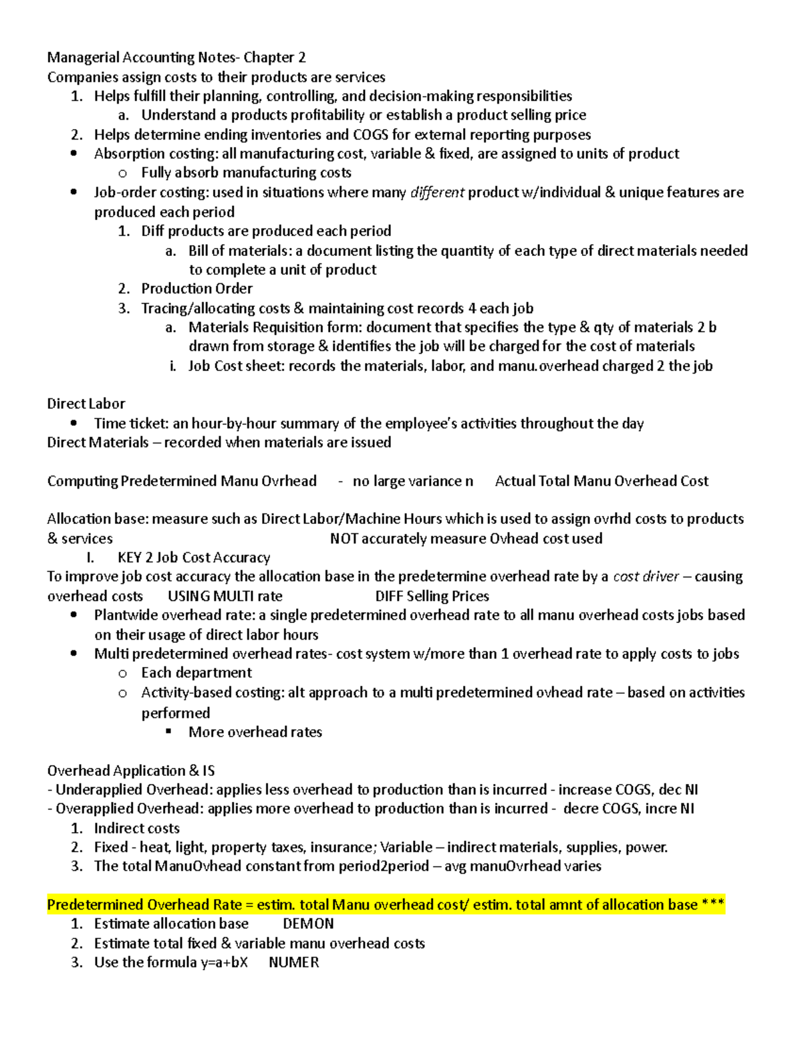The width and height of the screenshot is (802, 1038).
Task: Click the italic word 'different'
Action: pos(437,192)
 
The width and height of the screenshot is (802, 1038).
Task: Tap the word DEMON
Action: pos(308,924)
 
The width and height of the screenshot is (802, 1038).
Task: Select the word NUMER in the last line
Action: pos(293,962)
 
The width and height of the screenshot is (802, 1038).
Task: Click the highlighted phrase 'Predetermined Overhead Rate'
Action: pos(144,905)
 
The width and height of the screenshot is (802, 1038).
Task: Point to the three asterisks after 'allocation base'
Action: pos(713,905)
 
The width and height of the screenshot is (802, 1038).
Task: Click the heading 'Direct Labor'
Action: pos(86,404)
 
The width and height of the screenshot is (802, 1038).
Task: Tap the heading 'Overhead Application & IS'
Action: pos(131,771)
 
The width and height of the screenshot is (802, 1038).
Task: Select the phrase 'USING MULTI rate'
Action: pos(225,596)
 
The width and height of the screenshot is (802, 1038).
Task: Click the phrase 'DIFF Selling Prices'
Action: pos(432,596)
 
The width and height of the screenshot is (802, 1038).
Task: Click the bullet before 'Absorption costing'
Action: pos(74,154)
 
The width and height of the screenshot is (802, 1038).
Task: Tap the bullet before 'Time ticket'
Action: pos(74,423)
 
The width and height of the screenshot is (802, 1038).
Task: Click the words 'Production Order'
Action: pos(196,289)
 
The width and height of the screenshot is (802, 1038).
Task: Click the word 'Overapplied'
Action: pos(94,809)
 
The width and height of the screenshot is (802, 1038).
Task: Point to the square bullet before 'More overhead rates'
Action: pos(169,732)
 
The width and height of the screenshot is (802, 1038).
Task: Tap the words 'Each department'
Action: pos(196,672)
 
